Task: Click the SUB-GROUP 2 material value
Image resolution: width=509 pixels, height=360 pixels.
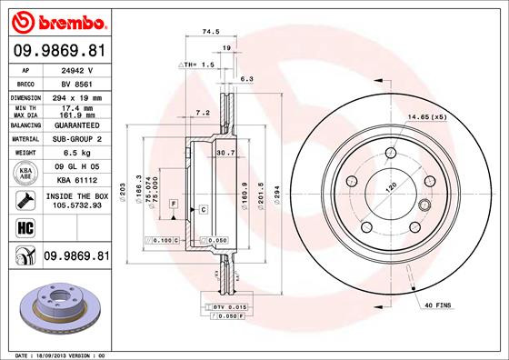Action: pos(76,139)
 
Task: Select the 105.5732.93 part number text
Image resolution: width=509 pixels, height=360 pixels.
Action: pos(76,205)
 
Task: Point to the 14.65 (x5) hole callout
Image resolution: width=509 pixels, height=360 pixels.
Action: pos(425,118)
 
